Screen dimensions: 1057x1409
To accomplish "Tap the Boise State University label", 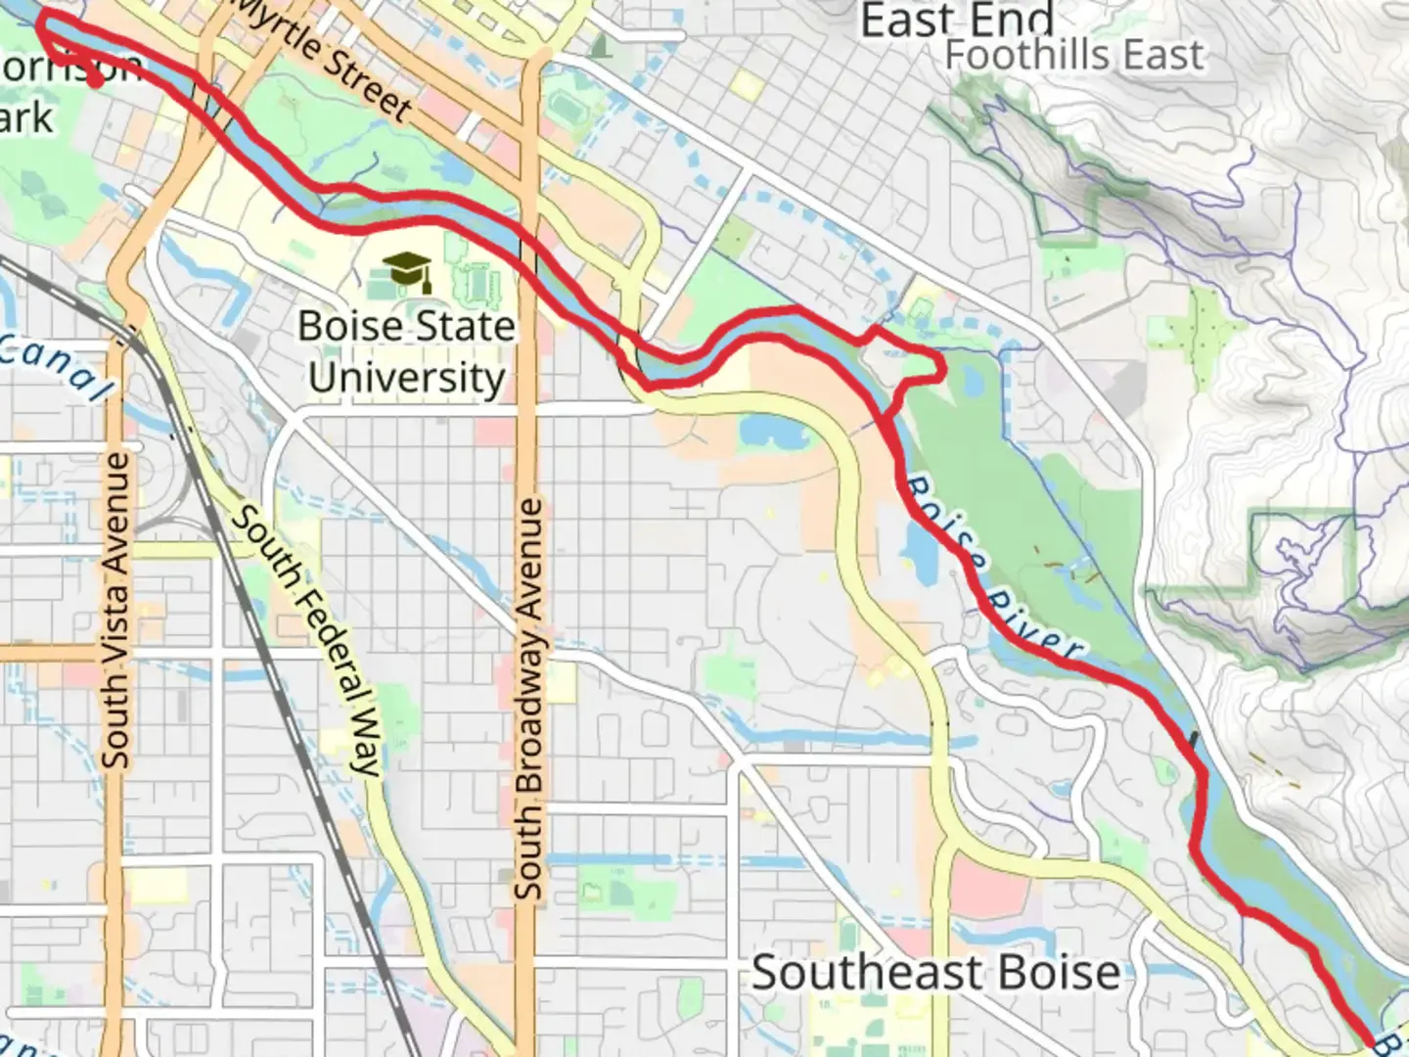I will click(x=406, y=351).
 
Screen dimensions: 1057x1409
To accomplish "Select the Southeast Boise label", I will click(x=935, y=973).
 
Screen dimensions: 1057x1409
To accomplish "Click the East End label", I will click(x=956, y=20).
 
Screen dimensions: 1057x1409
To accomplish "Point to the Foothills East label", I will click(x=1073, y=55).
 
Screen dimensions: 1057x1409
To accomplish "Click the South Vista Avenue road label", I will click(x=115, y=610).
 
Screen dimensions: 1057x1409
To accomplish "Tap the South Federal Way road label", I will click(x=304, y=641).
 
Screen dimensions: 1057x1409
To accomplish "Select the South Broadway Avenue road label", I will click(x=528, y=699).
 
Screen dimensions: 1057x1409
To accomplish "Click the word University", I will click(x=406, y=378).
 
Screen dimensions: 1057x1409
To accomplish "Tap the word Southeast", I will click(x=852, y=973).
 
